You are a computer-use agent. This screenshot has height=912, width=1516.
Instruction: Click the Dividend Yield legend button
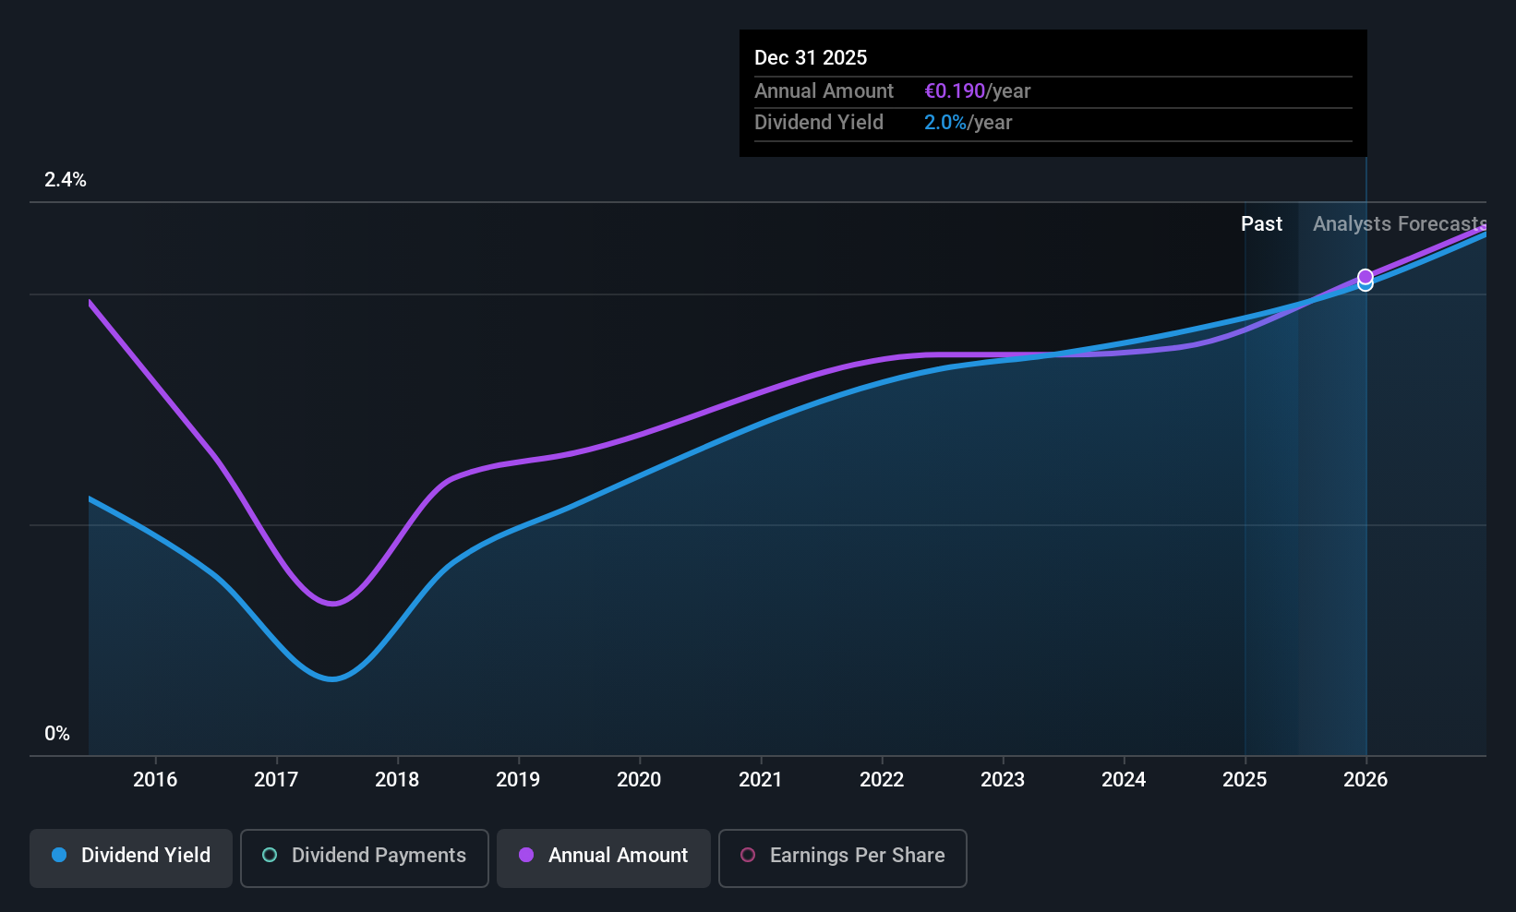click(x=130, y=858)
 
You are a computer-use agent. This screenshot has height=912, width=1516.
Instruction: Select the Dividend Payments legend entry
click(x=364, y=858)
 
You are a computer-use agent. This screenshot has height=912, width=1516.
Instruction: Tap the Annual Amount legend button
click(x=604, y=858)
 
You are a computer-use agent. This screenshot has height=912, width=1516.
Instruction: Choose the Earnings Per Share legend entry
click(x=843, y=858)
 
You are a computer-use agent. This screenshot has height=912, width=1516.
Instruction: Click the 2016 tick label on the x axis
click(x=155, y=779)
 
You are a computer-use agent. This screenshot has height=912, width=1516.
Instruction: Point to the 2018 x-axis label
click(x=397, y=779)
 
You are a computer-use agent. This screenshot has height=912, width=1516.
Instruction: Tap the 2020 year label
click(x=639, y=779)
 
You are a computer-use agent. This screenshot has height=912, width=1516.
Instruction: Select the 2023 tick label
click(x=1003, y=779)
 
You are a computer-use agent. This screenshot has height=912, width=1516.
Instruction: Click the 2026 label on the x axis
click(x=1366, y=779)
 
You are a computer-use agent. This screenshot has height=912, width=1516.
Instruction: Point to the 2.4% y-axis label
click(x=66, y=180)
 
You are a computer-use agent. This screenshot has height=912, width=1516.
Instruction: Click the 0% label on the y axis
click(x=57, y=734)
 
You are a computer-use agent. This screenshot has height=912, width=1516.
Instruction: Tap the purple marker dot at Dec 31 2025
click(x=1366, y=276)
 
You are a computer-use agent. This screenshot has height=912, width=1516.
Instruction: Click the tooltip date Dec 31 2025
click(x=810, y=57)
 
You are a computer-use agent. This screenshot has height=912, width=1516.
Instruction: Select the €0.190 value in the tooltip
click(x=955, y=90)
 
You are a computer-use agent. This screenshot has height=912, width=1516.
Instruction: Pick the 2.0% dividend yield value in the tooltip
click(x=945, y=123)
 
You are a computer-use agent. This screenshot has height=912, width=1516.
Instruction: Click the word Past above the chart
click(x=1261, y=224)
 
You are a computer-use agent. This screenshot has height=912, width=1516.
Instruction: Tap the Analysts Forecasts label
click(x=1400, y=224)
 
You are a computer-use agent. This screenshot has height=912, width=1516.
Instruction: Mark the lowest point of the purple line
click(x=332, y=604)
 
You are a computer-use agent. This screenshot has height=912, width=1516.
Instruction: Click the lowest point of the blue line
click(x=332, y=678)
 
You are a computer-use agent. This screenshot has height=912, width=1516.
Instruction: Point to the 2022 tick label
click(x=882, y=779)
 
